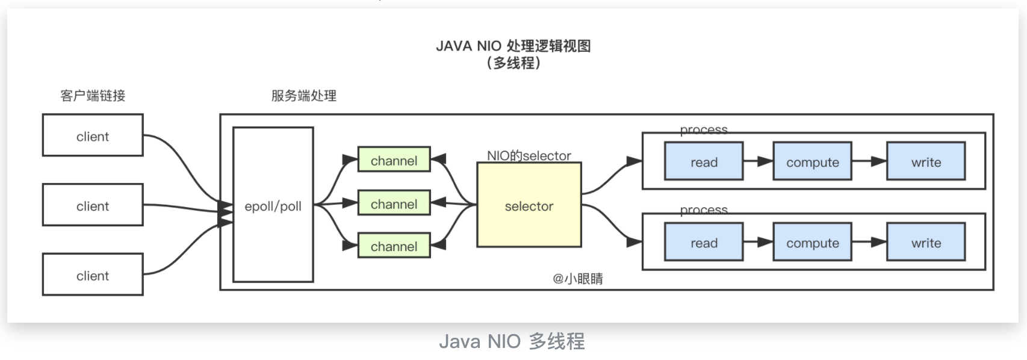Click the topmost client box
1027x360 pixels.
click(x=93, y=135)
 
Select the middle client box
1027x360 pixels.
click(x=93, y=205)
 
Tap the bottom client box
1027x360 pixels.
click(x=93, y=275)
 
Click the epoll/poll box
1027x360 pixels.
click(x=273, y=205)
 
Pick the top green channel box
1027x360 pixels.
click(x=394, y=160)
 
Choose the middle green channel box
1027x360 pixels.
click(x=394, y=203)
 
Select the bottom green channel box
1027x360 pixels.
click(x=394, y=246)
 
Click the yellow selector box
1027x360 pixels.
click(x=529, y=205)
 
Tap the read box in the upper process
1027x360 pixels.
click(x=704, y=161)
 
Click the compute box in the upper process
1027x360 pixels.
click(x=812, y=161)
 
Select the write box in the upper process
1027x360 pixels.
click(x=926, y=161)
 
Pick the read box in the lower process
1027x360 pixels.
click(x=704, y=242)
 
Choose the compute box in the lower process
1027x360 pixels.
click(x=812, y=242)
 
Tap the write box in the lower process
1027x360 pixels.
click(x=926, y=242)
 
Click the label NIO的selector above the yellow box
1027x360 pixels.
click(x=529, y=155)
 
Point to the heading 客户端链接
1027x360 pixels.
click(x=93, y=95)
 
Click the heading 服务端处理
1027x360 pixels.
click(x=303, y=95)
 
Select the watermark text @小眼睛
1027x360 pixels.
click(x=577, y=278)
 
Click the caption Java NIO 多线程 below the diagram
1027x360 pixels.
click(x=512, y=341)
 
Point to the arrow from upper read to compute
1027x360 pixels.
click(x=758, y=161)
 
